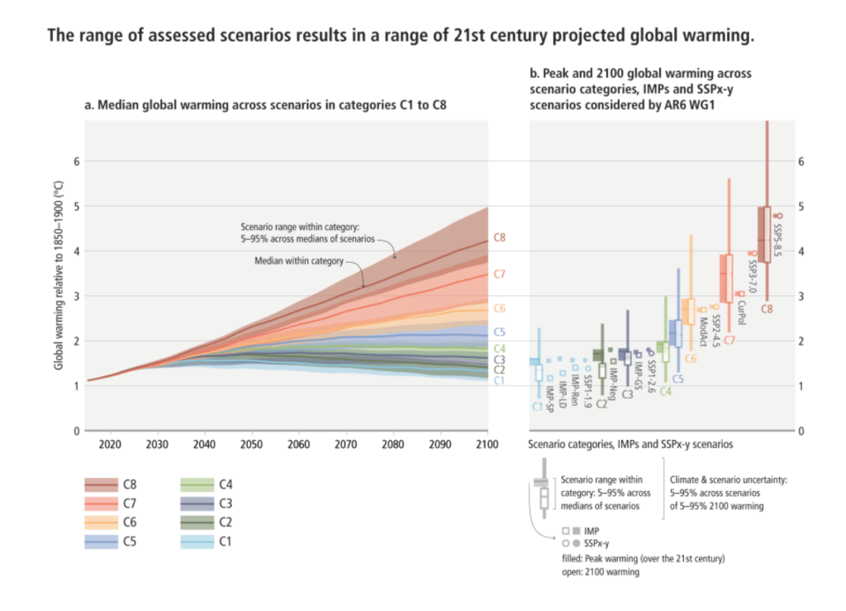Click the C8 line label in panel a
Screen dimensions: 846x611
[x=500, y=238]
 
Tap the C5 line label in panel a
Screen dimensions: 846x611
[x=500, y=332]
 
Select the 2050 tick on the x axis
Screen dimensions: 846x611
[x=251, y=444]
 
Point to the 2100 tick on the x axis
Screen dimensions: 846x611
[x=487, y=444]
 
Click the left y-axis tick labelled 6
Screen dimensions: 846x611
[x=77, y=161]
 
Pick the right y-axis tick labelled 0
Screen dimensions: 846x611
[x=801, y=432]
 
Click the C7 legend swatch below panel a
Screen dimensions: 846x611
[x=102, y=504]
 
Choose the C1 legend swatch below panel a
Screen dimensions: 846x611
[x=197, y=542]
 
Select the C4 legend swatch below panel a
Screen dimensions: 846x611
[x=197, y=485]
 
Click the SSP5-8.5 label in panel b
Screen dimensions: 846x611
[x=777, y=241]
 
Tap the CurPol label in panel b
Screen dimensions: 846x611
[x=741, y=313]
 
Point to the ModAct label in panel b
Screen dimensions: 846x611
[x=704, y=332]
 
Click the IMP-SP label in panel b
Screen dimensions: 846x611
[x=549, y=399]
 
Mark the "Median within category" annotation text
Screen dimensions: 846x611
[x=299, y=261]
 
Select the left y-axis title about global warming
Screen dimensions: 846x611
[x=59, y=275]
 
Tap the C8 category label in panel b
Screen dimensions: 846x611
[x=767, y=309]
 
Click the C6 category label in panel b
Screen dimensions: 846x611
[x=691, y=359]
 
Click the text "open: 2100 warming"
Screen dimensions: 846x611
[x=601, y=572]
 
